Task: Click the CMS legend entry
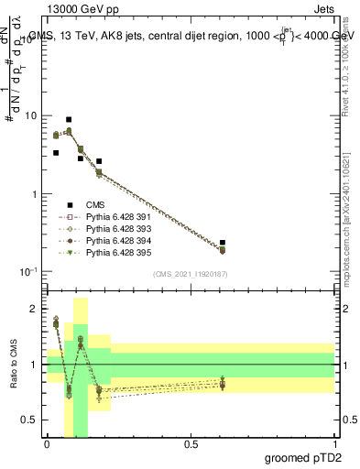click(x=98, y=205)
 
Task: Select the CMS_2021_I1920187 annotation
click(x=190, y=273)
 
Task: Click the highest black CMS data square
click(x=69, y=120)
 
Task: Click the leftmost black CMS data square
click(x=56, y=153)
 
